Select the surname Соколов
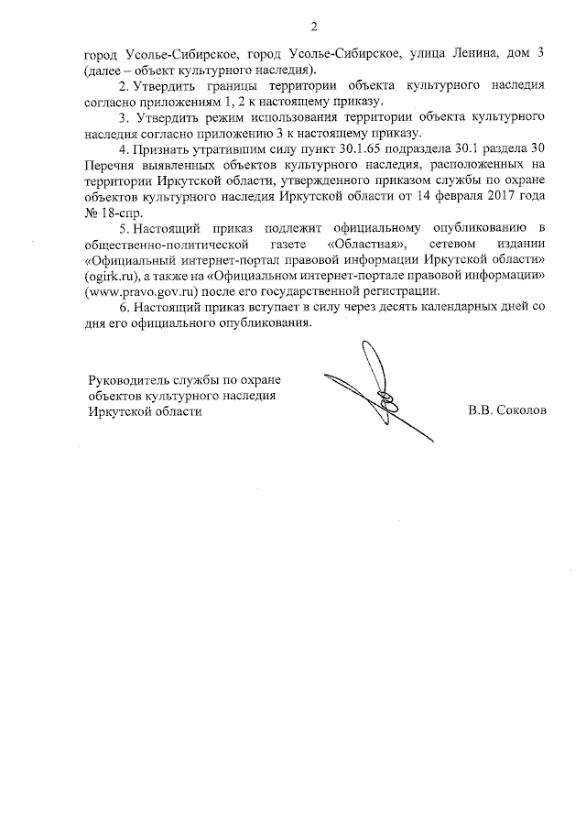tap(520, 411)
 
